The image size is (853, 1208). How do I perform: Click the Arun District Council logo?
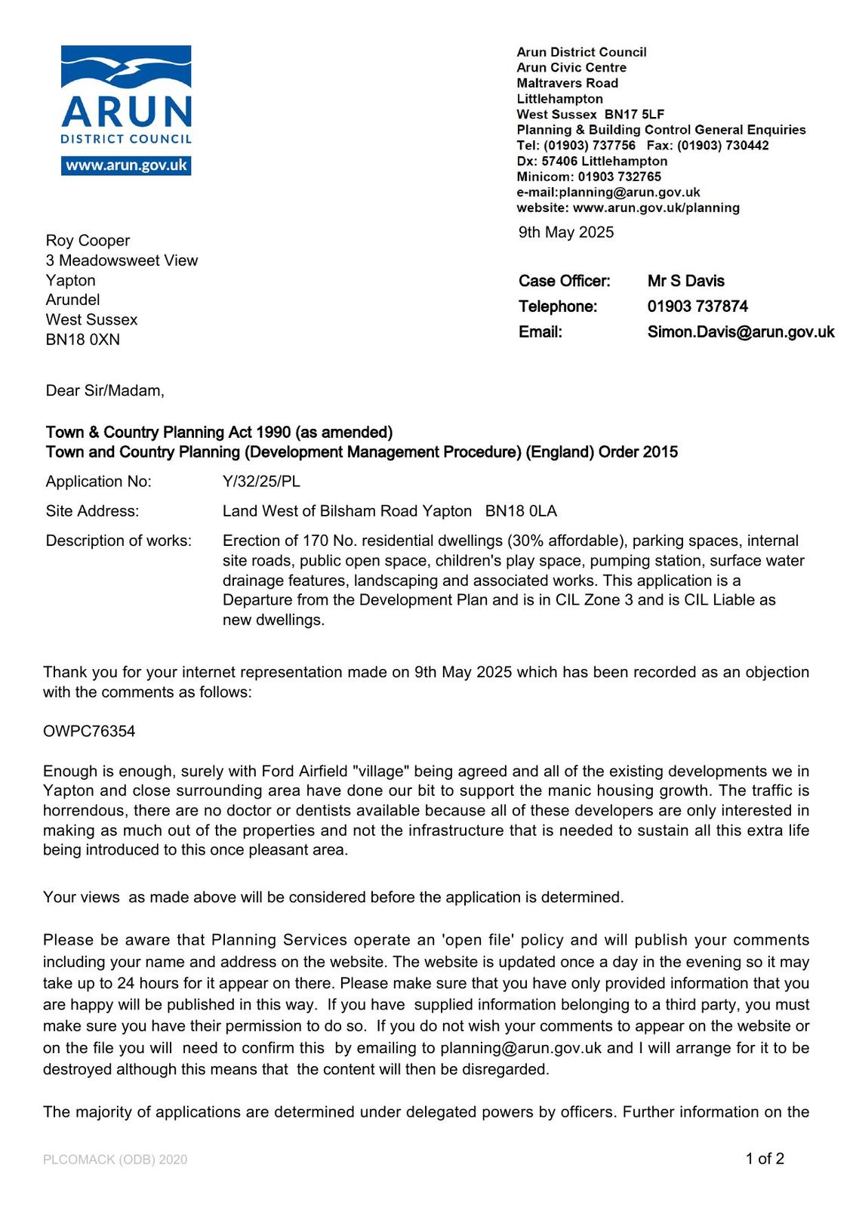(126, 94)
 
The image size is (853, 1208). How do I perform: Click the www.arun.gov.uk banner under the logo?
(126, 165)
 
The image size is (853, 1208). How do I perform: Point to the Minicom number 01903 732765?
(619, 177)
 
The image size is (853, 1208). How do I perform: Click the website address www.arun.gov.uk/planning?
(656, 208)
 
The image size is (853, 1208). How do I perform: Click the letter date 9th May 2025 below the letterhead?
(565, 233)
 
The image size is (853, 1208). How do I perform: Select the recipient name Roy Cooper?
(88, 241)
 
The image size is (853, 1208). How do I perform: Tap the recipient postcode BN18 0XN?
(82, 340)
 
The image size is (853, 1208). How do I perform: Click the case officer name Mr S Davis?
(685, 281)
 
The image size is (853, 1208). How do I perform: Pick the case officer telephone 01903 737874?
(697, 307)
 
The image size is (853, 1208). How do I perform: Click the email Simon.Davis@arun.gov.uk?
(741, 332)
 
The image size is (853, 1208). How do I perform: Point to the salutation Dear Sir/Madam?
(104, 390)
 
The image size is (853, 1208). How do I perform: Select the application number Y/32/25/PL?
(261, 482)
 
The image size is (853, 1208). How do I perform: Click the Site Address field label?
(92, 511)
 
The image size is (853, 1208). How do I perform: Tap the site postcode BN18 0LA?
(521, 511)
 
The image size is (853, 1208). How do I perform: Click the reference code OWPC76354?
(89, 732)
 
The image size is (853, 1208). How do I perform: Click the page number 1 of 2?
(765, 1159)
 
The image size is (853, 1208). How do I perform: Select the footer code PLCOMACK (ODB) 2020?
(115, 1160)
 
